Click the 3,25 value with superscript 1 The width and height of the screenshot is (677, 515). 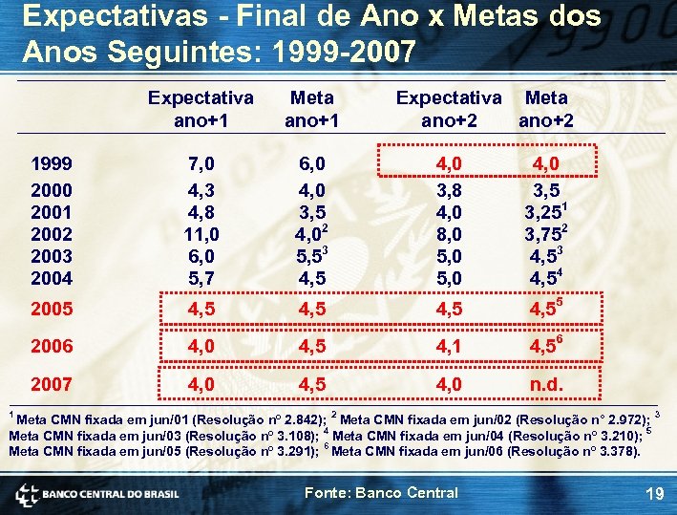545,212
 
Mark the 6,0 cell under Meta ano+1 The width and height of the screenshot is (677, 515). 311,165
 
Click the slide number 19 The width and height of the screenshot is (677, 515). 654,494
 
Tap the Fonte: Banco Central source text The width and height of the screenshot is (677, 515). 380,493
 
